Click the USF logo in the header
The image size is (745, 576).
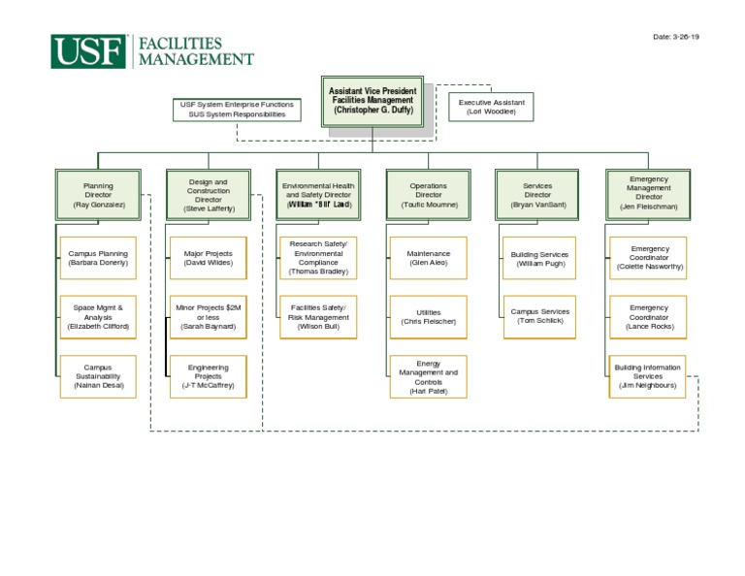point(89,51)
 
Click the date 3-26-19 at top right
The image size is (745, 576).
point(675,36)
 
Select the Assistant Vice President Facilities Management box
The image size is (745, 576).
point(372,101)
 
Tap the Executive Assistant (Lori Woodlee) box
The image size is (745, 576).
point(492,107)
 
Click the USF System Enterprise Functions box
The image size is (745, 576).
point(237,109)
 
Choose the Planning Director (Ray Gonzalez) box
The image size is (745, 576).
point(98,195)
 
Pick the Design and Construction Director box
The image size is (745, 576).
point(208,195)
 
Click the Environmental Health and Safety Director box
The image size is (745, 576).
point(318,195)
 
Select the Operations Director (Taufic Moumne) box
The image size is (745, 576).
point(428,195)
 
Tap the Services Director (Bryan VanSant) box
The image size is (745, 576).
point(537,195)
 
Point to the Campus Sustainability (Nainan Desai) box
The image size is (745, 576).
point(98,377)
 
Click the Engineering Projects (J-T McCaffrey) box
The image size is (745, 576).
point(208,377)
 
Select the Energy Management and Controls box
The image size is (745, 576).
point(428,377)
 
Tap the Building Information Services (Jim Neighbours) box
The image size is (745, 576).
point(648,377)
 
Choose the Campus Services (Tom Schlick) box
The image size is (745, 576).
point(539,317)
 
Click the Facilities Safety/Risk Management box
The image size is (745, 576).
point(318,317)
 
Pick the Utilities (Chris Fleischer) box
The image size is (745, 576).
point(428,317)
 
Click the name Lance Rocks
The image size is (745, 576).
point(648,328)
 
